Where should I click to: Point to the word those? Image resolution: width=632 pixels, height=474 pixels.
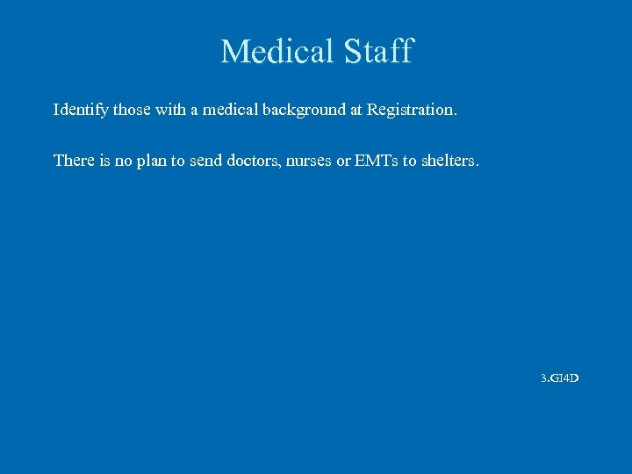pyautogui.click(x=133, y=111)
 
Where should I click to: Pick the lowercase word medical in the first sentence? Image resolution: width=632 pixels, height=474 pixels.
pyautogui.click(x=232, y=111)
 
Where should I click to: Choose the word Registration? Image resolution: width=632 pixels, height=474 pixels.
pyautogui.click(x=412, y=111)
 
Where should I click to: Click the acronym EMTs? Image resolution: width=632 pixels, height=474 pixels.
pyautogui.click(x=375, y=161)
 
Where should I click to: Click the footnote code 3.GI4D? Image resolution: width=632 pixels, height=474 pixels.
pyautogui.click(x=559, y=378)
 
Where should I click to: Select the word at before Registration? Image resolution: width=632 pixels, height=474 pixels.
pyautogui.click(x=355, y=111)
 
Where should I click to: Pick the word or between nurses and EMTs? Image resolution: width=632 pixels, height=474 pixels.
pyautogui.click(x=345, y=161)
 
